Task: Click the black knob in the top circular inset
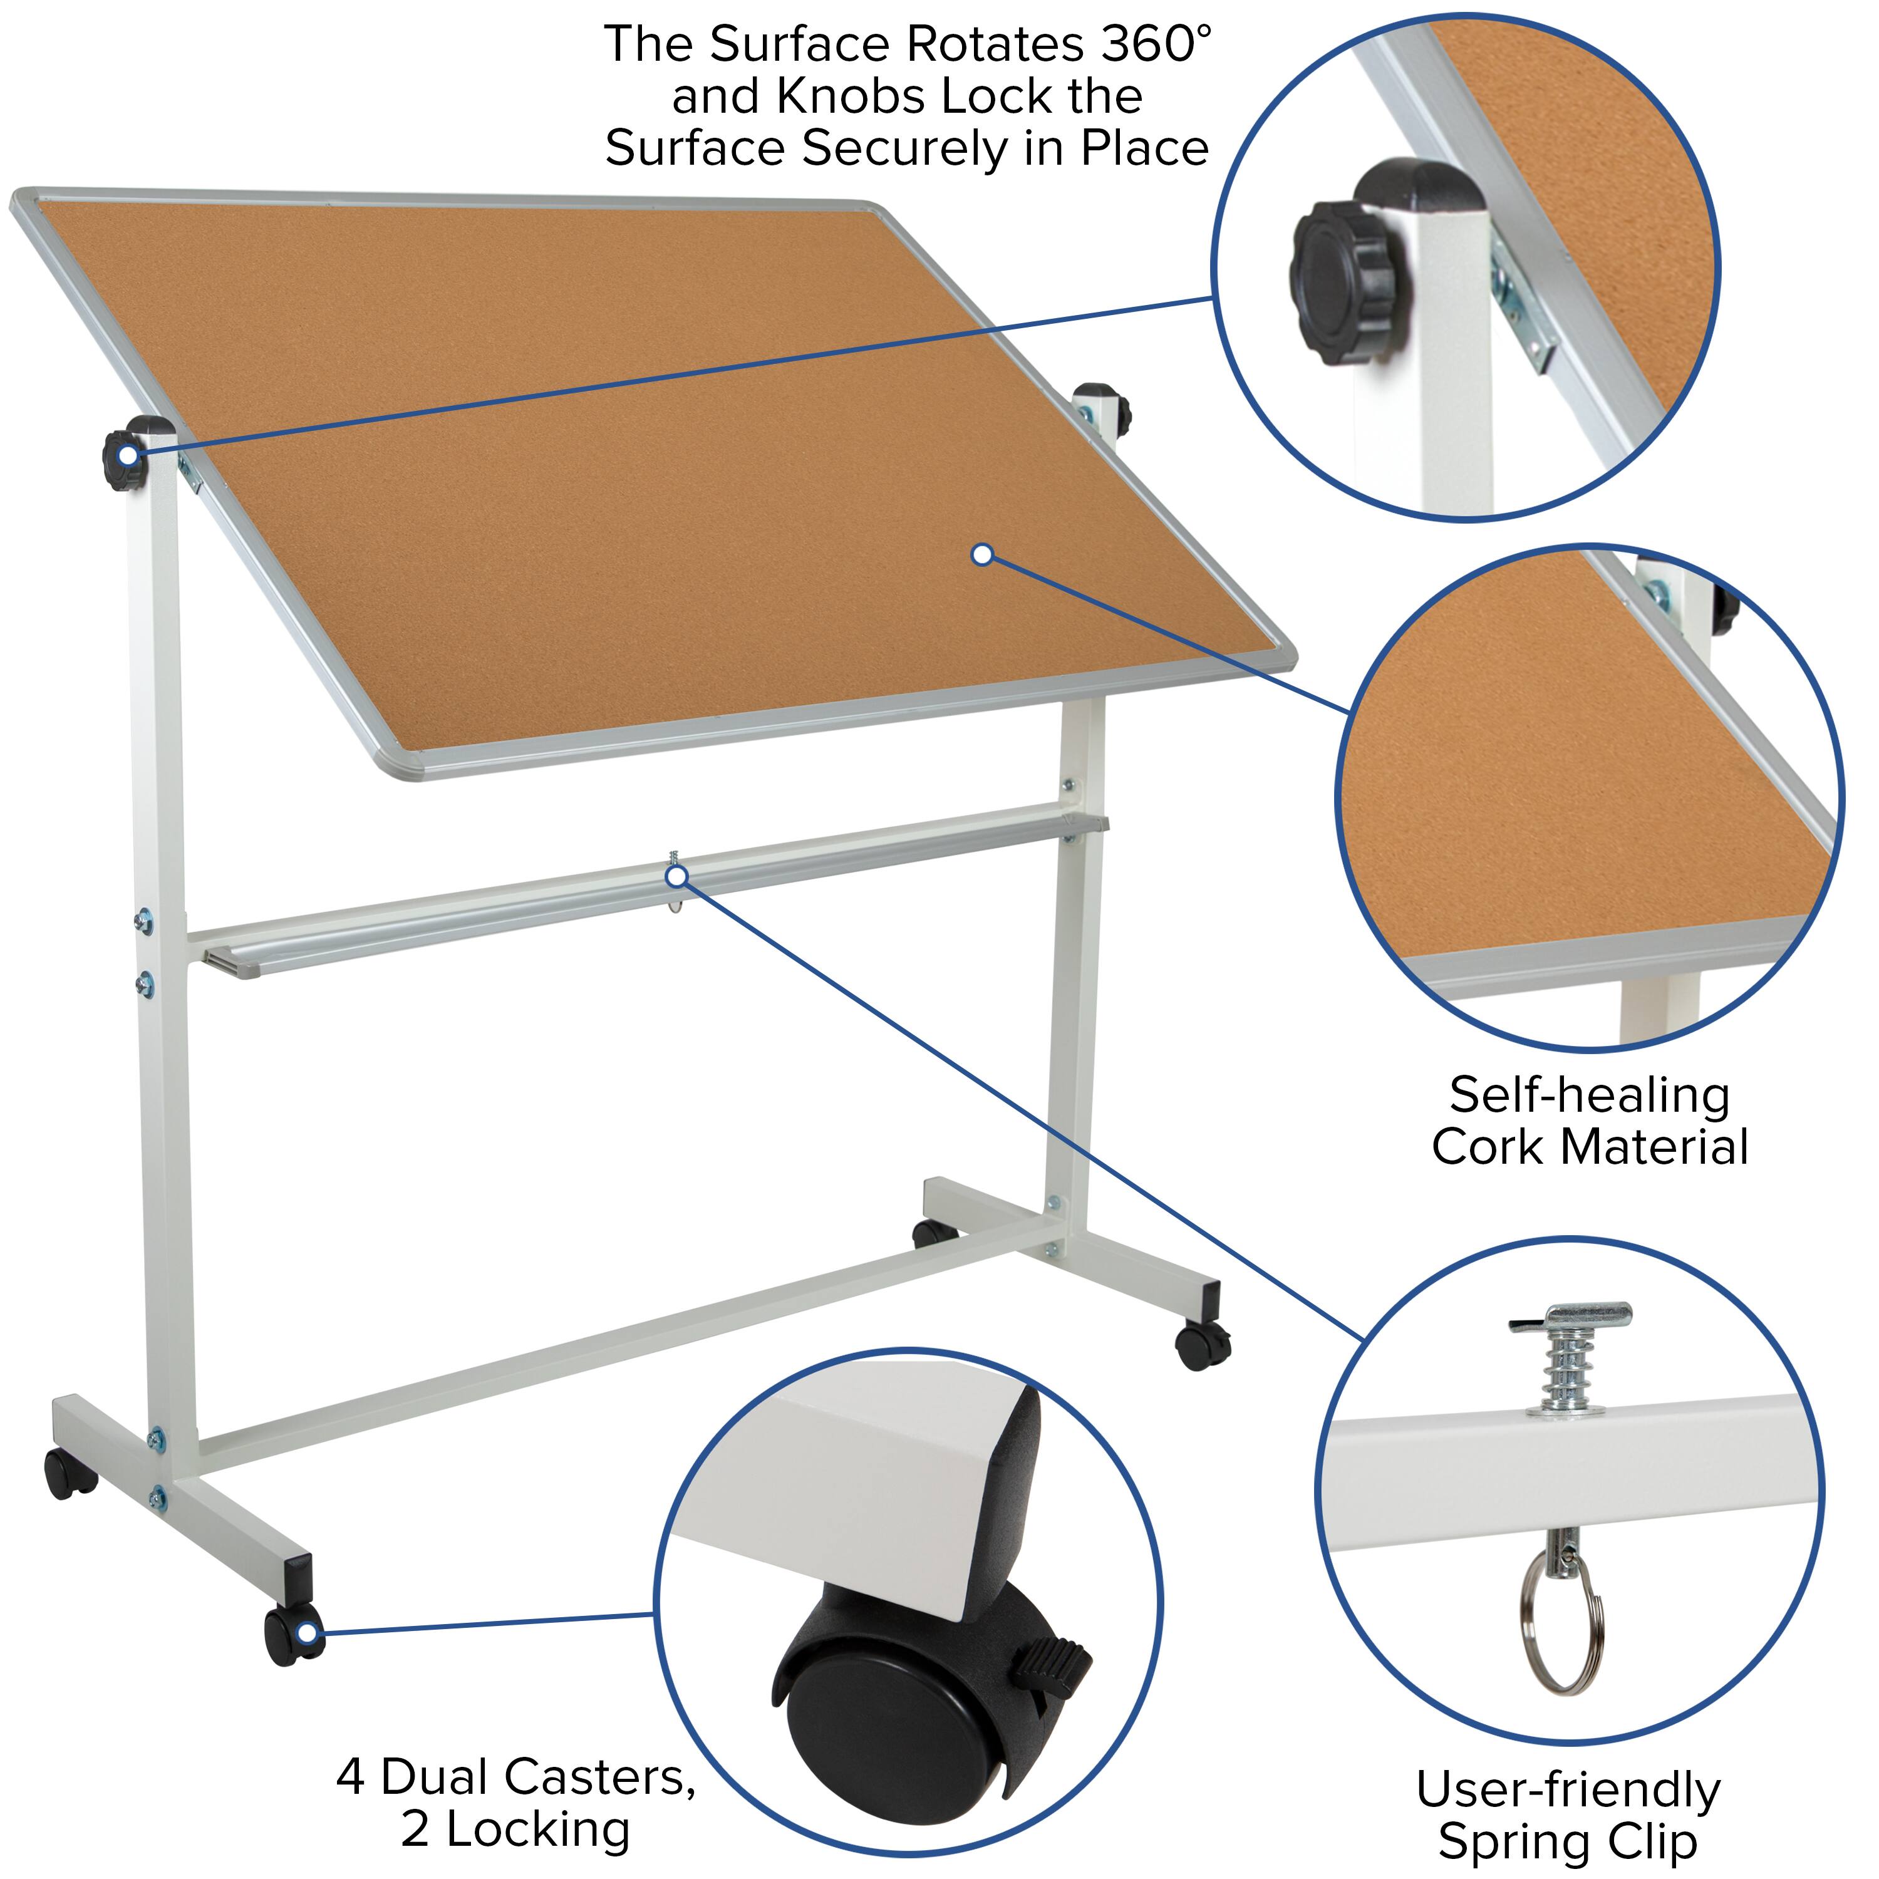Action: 1348,280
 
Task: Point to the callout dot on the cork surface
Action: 982,554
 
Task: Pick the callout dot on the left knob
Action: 127,455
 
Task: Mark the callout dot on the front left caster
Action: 308,1632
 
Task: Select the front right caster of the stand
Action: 1202,1344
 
